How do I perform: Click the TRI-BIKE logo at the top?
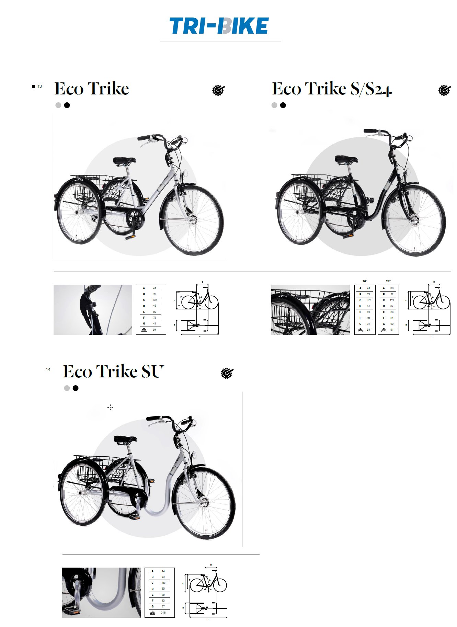pos(219,26)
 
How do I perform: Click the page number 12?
pos(40,87)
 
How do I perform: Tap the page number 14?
pos(48,369)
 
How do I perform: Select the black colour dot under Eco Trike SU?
pos(76,388)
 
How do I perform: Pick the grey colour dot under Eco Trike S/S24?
pos(274,105)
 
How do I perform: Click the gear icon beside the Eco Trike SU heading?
pos(227,373)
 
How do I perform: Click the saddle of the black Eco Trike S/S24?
pos(346,159)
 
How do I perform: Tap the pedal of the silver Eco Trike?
pos(130,237)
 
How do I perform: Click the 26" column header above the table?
pos(365,281)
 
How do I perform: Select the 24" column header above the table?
pos(388,281)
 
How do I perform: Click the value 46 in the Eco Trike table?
pos(155,306)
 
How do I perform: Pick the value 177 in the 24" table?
pos(392,300)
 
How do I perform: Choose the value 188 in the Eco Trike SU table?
pos(163,583)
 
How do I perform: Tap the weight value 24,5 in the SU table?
pos(163,613)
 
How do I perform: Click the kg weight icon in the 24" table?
pos(384,330)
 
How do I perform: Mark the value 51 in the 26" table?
pos(368,306)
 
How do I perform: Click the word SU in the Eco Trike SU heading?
pos(151,372)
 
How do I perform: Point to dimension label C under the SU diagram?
pos(208,619)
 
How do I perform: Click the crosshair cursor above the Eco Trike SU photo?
pos(110,407)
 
